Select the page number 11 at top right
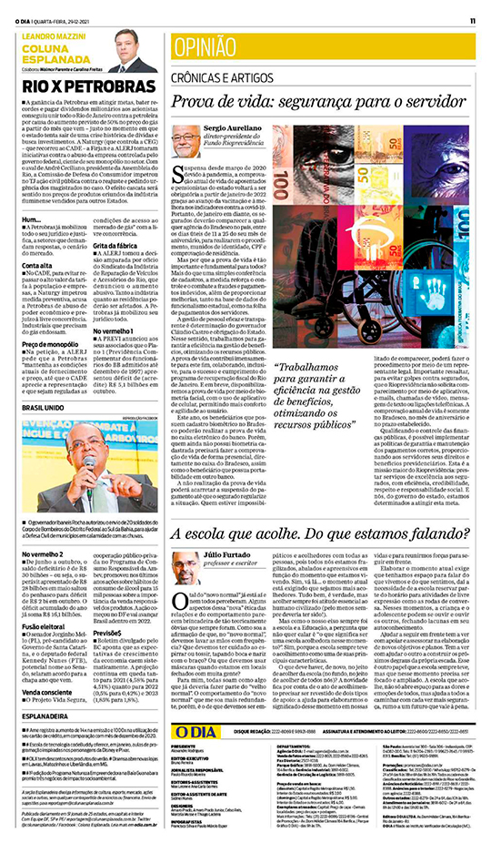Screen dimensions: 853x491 click(473, 20)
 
